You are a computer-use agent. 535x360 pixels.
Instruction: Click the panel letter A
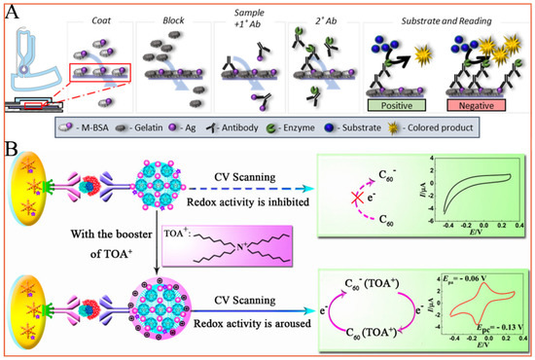coord(14,13)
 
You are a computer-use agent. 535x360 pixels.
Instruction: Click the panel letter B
coord(13,154)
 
